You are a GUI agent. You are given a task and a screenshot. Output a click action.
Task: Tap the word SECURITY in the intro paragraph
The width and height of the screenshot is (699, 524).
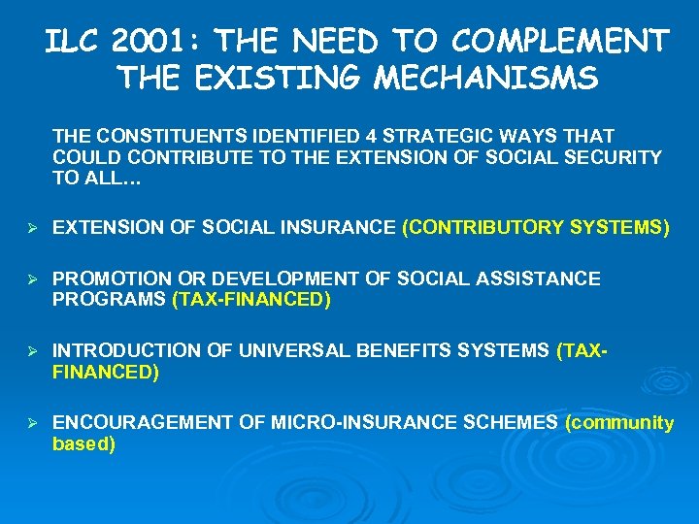613,156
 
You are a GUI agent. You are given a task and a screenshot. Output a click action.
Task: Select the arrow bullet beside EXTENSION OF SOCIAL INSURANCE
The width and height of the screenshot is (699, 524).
32,228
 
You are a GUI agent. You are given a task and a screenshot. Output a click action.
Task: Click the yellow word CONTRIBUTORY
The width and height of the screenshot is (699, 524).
484,228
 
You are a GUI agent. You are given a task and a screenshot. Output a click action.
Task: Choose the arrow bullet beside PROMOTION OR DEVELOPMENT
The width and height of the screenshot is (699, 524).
32,280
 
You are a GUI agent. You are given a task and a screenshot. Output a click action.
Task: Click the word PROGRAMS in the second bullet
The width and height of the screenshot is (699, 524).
110,300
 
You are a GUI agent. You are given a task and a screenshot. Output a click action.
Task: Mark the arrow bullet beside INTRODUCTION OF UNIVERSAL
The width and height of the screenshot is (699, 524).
32,351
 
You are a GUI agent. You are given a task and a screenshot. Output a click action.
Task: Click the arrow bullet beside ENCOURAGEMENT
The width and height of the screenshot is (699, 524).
32,423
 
